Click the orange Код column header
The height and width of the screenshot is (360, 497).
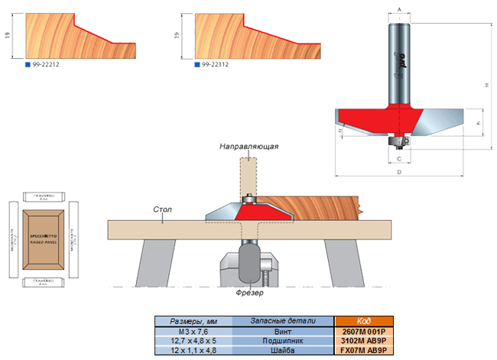(x=363, y=321)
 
